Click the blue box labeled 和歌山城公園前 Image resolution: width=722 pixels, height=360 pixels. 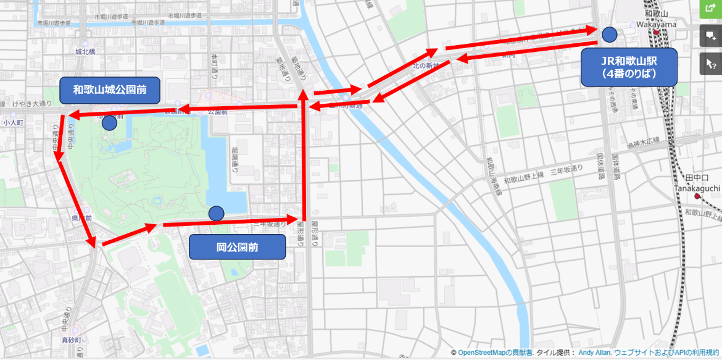[109, 90]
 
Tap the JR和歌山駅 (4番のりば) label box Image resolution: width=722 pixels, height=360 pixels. [629, 67]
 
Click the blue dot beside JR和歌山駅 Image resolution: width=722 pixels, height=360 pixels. [610, 35]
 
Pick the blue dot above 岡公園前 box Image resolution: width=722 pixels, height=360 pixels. [216, 214]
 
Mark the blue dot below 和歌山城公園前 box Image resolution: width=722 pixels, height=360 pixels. [109, 123]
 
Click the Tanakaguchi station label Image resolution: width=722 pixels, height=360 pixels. [697, 188]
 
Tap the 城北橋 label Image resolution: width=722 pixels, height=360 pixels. [85, 52]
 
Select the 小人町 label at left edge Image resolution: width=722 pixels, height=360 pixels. [12, 123]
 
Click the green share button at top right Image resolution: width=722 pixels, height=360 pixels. [710, 8]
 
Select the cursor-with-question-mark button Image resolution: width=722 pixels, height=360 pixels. [710, 63]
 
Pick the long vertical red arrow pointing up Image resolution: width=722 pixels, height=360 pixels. [303, 154]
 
